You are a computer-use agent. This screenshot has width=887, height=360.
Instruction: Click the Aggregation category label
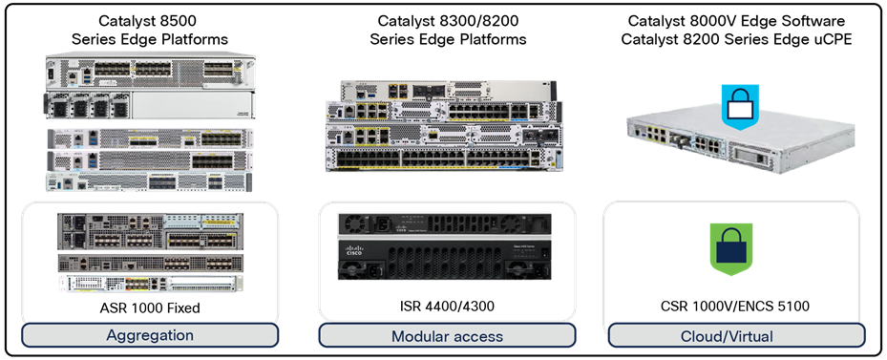[x=151, y=335]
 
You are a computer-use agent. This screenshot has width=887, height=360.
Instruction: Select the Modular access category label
[x=447, y=336]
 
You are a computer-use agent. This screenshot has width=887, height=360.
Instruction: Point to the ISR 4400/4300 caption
[x=447, y=307]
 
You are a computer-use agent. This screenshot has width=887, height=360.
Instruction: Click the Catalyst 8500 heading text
[x=149, y=20]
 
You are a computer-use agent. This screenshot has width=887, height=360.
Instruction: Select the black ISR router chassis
[x=447, y=253]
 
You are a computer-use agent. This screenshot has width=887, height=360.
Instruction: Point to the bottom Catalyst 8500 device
[x=150, y=181]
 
